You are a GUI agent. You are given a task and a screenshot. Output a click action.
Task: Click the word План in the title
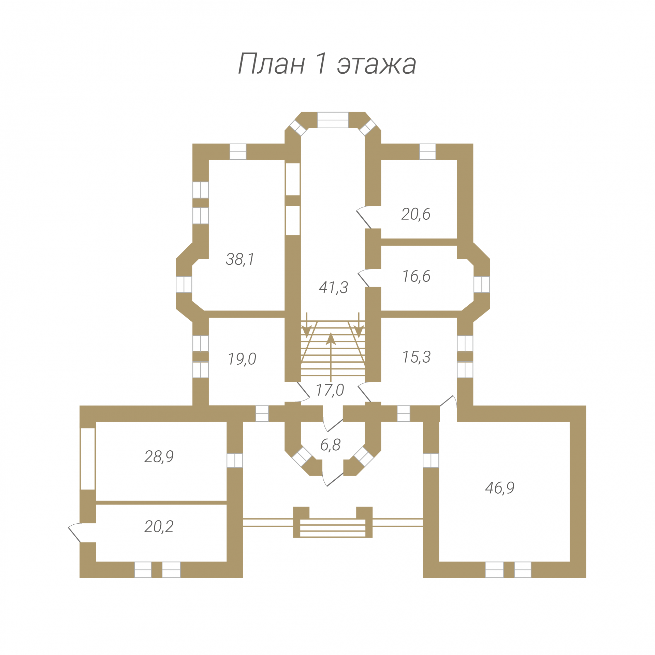271,63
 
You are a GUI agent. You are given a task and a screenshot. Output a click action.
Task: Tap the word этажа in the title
377,65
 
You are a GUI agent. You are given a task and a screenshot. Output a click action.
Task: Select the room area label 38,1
240,259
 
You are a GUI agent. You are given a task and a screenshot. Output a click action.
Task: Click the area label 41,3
333,288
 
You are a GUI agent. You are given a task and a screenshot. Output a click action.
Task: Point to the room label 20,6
416,214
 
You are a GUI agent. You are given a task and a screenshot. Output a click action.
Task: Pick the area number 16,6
416,276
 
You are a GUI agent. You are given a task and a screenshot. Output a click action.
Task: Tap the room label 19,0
242,359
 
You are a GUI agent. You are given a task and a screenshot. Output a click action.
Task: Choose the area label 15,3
417,357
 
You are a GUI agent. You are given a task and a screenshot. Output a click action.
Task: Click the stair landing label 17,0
330,390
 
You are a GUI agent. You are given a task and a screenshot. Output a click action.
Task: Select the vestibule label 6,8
330,445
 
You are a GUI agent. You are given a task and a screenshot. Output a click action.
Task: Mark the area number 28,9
159,456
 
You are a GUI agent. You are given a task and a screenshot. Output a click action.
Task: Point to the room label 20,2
159,526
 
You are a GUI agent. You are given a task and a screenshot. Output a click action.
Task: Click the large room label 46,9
500,488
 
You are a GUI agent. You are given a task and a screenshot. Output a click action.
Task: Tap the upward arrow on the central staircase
331,356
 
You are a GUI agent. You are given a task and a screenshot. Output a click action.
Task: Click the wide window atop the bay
333,120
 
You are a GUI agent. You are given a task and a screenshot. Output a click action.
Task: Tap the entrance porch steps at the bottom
333,528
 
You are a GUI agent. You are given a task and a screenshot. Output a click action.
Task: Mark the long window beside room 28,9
88,458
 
